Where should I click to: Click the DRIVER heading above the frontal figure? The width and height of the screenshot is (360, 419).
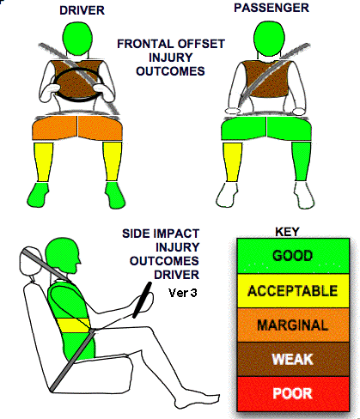(x=82, y=10)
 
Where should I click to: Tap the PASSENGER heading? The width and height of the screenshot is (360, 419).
(x=272, y=8)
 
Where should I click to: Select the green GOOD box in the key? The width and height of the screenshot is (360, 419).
(x=293, y=256)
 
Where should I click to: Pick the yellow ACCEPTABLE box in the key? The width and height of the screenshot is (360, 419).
(x=293, y=291)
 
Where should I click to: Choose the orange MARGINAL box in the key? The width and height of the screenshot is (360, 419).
(x=293, y=325)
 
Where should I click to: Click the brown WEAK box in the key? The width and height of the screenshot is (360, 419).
(x=293, y=359)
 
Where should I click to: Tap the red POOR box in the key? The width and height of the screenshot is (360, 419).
(x=293, y=393)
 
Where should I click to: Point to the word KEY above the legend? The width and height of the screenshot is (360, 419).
(x=287, y=232)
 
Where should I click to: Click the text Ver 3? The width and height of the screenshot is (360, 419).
(x=183, y=293)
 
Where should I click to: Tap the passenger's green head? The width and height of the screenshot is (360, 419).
(x=269, y=39)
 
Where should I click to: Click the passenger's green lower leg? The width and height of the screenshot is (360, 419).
(x=301, y=161)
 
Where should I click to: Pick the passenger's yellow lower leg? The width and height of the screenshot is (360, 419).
(x=232, y=161)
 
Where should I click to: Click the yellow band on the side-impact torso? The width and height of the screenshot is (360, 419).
(x=73, y=325)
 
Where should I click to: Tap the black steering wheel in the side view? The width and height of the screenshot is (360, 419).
(x=142, y=300)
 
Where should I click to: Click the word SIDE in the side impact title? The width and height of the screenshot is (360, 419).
(x=135, y=234)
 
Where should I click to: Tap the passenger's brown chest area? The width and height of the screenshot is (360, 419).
(x=265, y=78)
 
